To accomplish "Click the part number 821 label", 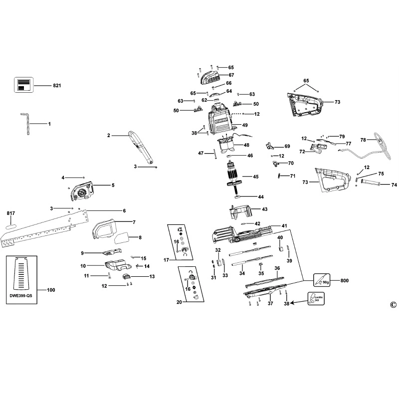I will pos(57,86).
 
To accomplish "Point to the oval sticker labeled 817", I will pos(11,225).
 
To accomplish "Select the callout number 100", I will pos(51,290).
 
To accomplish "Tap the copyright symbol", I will pos(393,305).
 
